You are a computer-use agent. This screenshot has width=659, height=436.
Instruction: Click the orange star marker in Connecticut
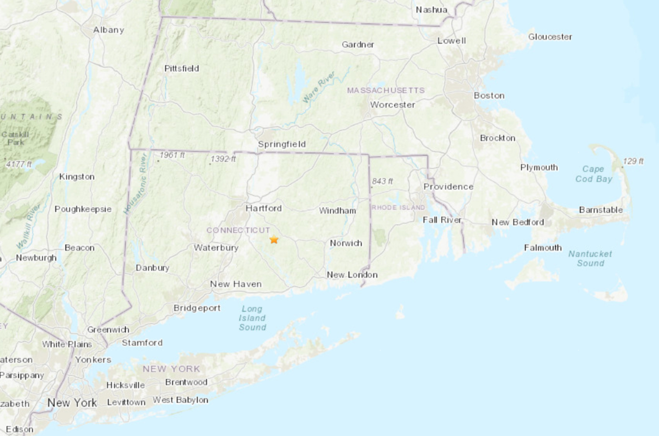tap(274, 239)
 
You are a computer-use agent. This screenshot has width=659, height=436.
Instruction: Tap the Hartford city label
tap(263, 208)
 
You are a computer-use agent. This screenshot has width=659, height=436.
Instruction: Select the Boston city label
tap(489, 95)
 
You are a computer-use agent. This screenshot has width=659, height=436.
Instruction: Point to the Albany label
tap(109, 30)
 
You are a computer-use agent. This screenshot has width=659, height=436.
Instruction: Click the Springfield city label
tap(282, 144)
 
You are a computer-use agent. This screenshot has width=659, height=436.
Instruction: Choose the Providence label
tap(448, 187)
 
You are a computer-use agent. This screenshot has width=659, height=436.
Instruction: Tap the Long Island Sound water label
tap(252, 318)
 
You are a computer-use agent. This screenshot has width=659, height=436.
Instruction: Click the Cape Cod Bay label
tap(594, 174)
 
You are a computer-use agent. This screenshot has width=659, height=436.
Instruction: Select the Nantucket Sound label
tap(590, 258)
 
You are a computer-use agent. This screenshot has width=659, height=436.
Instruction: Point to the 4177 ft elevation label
tap(19, 164)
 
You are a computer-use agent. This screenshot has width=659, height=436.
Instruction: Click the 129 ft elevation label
tap(633, 161)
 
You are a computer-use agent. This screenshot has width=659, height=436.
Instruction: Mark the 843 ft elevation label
tap(383, 181)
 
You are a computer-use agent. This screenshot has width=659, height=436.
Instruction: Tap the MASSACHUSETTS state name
tap(386, 91)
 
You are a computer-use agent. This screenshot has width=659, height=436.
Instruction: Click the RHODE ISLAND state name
tap(398, 207)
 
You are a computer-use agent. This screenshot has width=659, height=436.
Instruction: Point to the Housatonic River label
tap(136, 184)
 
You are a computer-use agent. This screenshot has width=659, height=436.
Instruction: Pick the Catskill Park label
tap(15, 138)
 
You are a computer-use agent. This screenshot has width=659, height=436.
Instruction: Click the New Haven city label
tap(236, 284)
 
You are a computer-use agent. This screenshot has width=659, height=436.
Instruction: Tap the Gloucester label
tap(550, 37)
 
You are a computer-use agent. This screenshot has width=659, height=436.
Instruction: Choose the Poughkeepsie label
tap(83, 209)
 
